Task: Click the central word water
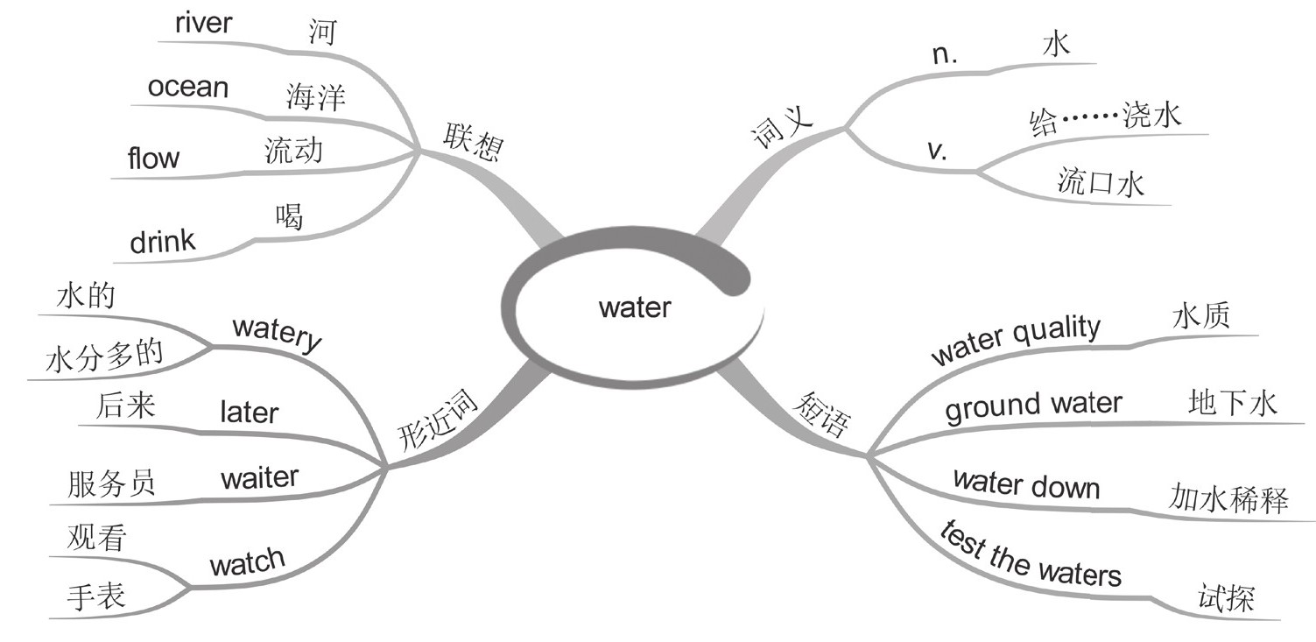click(x=635, y=307)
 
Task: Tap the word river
click(x=203, y=23)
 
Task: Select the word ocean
click(x=187, y=88)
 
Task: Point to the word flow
click(x=153, y=159)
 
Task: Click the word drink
click(x=163, y=241)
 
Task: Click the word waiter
click(x=259, y=478)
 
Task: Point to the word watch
click(x=247, y=561)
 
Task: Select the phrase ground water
click(x=1033, y=405)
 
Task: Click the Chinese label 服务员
click(x=111, y=483)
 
